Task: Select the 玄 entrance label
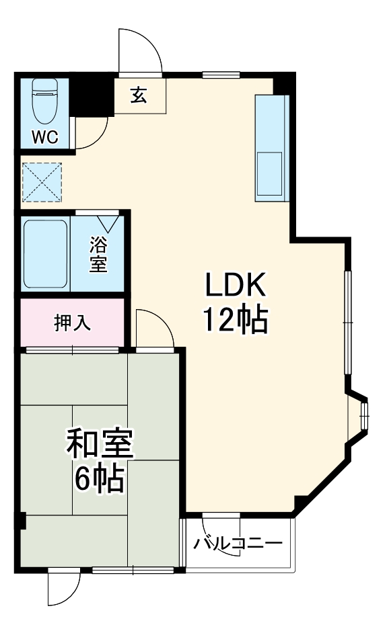pos(139,96)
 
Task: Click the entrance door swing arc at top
pos(141,50)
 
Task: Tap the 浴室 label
pos(98,253)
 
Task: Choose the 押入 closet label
pos(72,322)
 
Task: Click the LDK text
pos(236,286)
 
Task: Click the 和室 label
pos(100,445)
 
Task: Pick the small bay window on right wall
pos(364,417)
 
